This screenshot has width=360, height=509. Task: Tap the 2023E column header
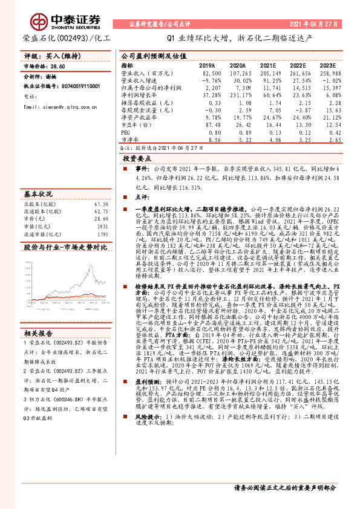coord(327,65)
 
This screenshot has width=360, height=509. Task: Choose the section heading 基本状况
coord(38,195)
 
